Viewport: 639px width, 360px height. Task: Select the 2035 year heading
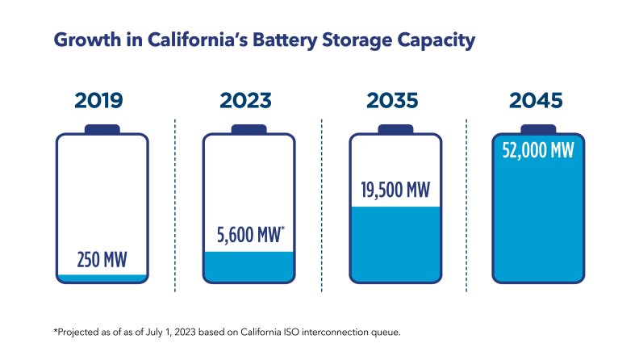point(394,101)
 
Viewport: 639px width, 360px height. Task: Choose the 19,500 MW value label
point(394,190)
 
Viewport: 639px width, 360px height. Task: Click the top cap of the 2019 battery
point(102,128)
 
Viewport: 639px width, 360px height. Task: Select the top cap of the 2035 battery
point(395,128)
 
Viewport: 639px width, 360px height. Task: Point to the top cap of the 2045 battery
point(539,128)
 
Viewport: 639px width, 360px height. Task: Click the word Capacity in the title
point(434,40)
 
